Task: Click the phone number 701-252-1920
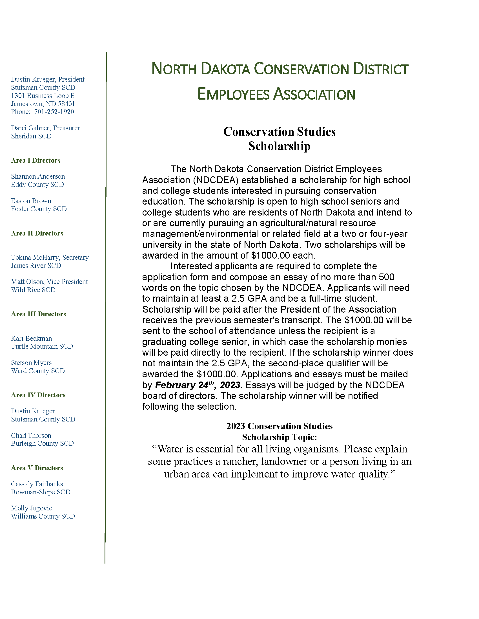click(54, 112)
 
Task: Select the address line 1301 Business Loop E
click(43, 95)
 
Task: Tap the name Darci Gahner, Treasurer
click(45, 128)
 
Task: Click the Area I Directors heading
click(36, 160)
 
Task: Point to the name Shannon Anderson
click(38, 177)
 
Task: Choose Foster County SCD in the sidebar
click(39, 209)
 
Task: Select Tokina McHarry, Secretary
click(50, 257)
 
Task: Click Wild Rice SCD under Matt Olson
click(33, 290)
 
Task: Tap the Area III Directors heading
click(39, 314)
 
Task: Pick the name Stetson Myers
click(32, 363)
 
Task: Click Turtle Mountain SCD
click(42, 346)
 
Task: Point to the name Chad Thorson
click(31, 436)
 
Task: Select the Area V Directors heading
click(37, 468)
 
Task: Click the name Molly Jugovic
click(32, 508)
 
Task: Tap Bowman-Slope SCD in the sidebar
click(41, 492)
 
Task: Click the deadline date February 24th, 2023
click(199, 385)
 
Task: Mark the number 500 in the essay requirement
click(387, 277)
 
